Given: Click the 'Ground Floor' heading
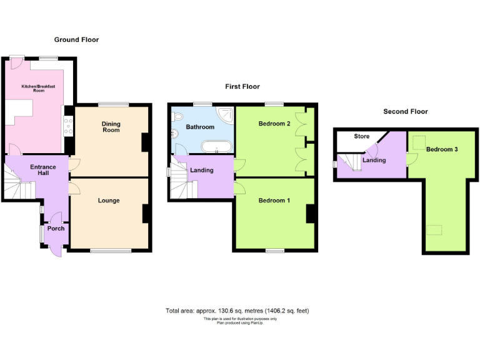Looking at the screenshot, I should point(76,39).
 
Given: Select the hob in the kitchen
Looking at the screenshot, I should point(68,128).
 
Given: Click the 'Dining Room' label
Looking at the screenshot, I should point(111,127).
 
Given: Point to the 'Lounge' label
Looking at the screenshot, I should point(108,201).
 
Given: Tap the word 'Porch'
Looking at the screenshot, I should point(56,228).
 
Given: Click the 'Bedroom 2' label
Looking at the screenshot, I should point(274,124).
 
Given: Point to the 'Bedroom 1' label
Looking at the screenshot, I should point(274,201).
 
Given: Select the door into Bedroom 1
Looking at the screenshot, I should point(239,188).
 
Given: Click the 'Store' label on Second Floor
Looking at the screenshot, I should point(362,136).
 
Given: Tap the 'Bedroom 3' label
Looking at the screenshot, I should point(442,149).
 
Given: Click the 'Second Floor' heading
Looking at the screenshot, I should point(406,111).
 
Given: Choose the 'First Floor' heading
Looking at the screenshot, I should point(242,86).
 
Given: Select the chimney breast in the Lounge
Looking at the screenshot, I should point(146,214).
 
